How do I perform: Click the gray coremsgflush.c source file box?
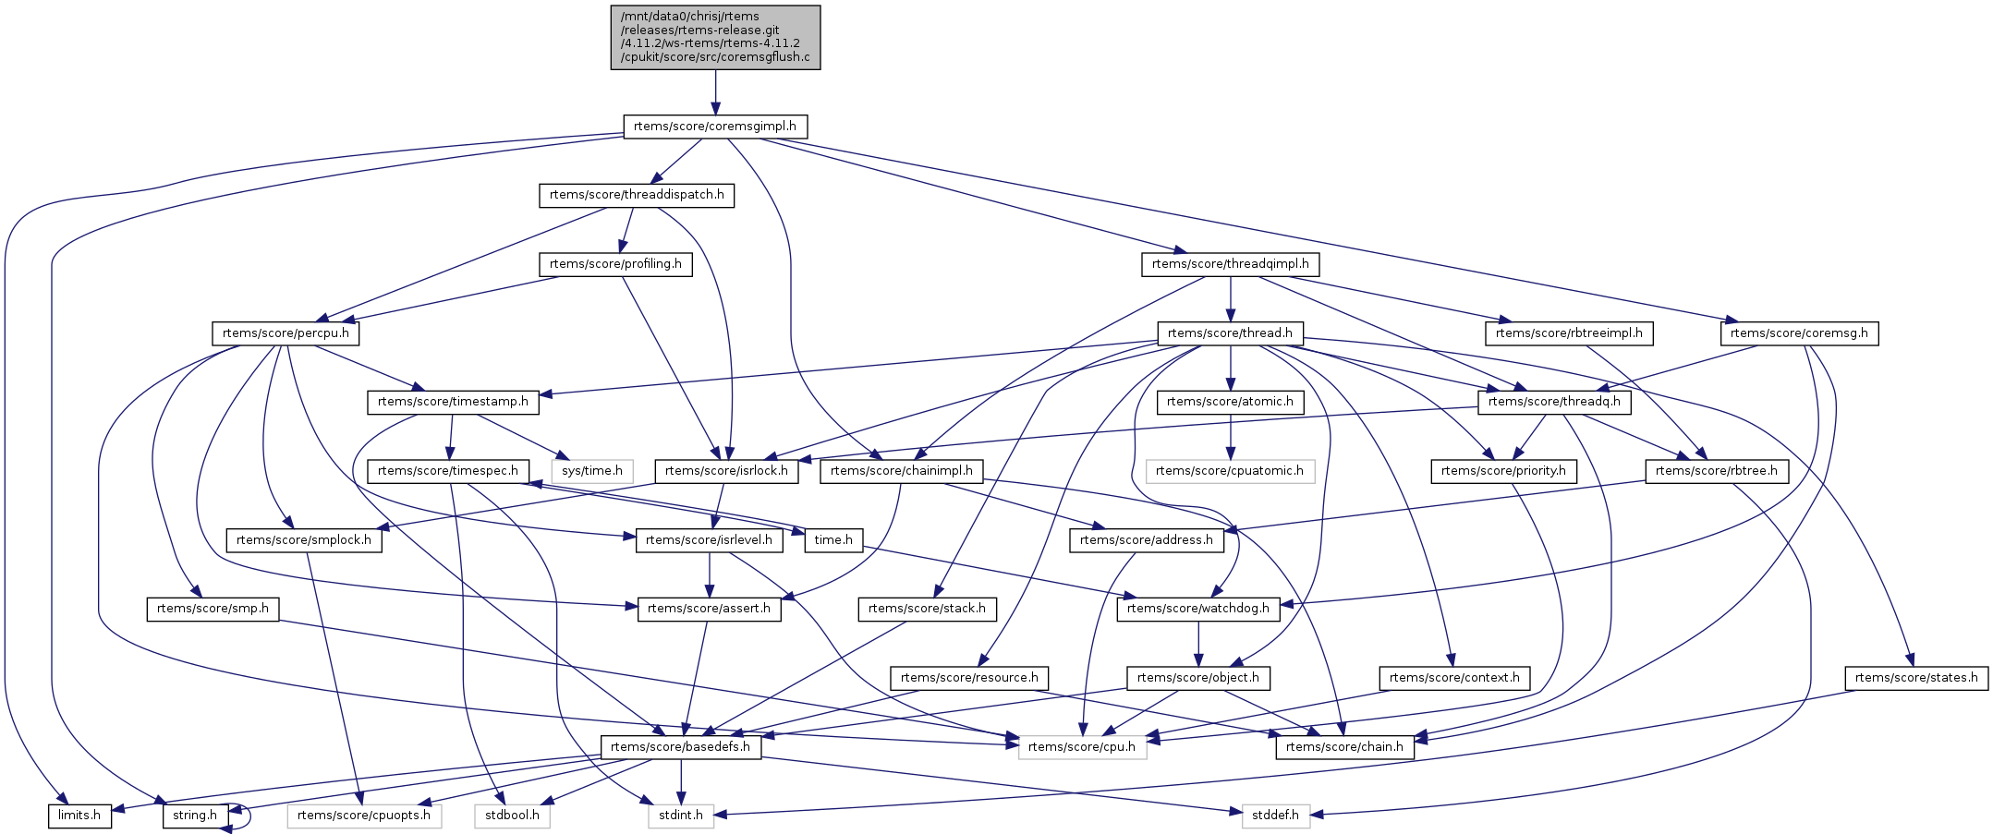point(714,37)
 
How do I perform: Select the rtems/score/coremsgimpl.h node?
point(714,127)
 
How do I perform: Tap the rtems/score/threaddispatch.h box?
point(637,196)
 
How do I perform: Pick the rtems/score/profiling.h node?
point(615,264)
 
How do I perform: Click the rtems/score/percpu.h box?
point(286,333)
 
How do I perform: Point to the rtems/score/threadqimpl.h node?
point(1230,264)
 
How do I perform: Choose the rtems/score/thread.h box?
point(1230,333)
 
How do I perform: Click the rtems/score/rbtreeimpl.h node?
point(1569,333)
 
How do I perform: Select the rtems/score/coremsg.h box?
point(1798,333)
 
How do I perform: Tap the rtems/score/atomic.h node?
point(1230,402)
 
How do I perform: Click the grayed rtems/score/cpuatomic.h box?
point(1229,471)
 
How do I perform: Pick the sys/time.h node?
point(592,471)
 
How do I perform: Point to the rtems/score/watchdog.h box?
point(1198,609)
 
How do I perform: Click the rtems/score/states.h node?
point(1916,678)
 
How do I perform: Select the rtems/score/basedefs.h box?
point(681,747)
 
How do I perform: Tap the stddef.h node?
point(1275,816)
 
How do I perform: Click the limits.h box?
point(79,816)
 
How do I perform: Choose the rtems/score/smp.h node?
point(213,609)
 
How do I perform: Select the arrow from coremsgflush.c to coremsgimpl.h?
point(714,92)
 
